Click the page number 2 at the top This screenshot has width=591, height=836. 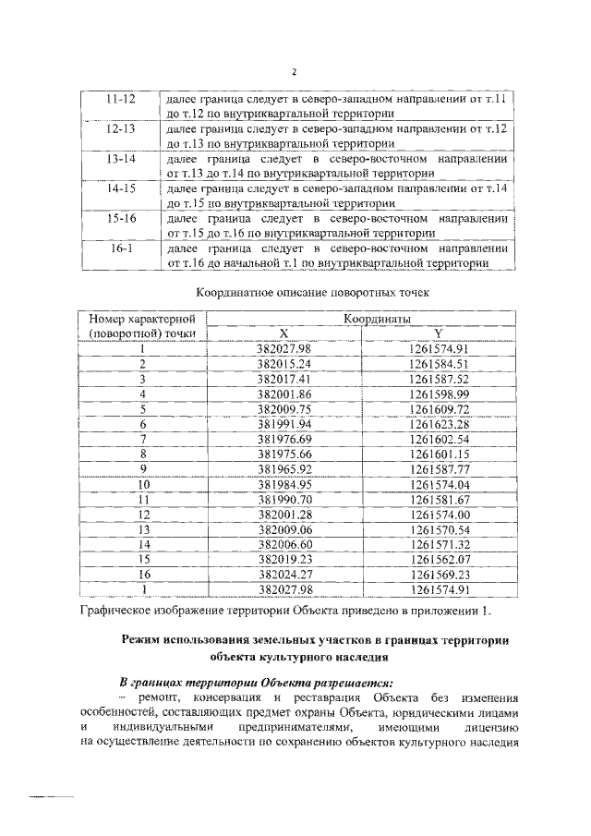coord(295,72)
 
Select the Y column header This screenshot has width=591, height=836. coord(439,333)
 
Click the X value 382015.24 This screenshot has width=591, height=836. coord(284,364)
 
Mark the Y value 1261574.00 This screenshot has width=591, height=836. coord(440,514)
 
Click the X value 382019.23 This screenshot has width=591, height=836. coord(284,559)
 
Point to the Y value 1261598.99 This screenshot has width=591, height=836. coord(440,394)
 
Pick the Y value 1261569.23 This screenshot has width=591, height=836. coord(440,574)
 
